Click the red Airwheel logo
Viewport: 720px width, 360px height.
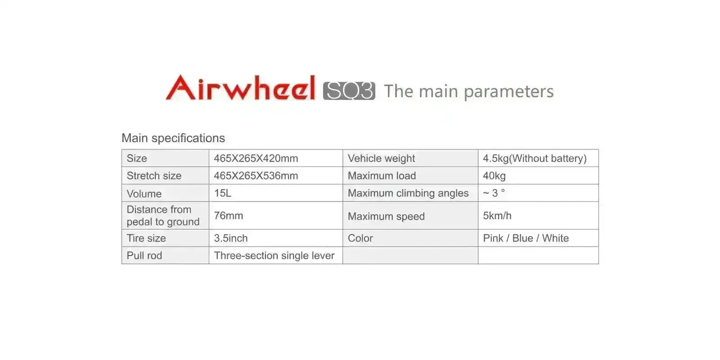point(240,88)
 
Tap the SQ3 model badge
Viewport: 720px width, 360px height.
point(349,90)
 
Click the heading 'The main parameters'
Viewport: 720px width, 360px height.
point(468,91)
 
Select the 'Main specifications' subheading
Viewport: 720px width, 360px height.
point(173,138)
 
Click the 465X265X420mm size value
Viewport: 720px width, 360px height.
point(256,158)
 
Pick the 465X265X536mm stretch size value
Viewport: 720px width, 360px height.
point(256,175)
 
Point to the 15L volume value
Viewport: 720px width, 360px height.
point(222,193)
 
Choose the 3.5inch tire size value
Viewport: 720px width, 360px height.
point(231,238)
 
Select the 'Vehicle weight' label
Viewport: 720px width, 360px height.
point(381,158)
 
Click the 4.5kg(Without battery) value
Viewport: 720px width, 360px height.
point(535,158)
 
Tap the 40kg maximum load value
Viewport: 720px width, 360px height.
point(494,176)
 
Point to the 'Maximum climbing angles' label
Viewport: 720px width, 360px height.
point(408,193)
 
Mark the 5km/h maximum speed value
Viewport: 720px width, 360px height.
point(497,216)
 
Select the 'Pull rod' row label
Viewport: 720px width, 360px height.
point(144,255)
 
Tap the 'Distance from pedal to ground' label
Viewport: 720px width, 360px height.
point(163,216)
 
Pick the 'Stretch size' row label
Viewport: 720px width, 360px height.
point(154,176)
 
